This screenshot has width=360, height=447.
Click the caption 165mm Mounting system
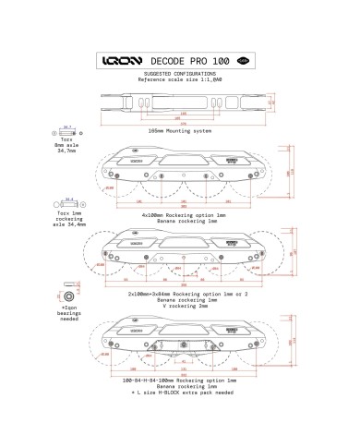pos(181,130)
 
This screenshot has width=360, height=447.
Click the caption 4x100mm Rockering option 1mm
pos(181,213)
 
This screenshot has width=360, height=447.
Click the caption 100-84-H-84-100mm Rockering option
pos(181,381)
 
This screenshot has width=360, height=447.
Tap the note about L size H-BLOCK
pos(181,392)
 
